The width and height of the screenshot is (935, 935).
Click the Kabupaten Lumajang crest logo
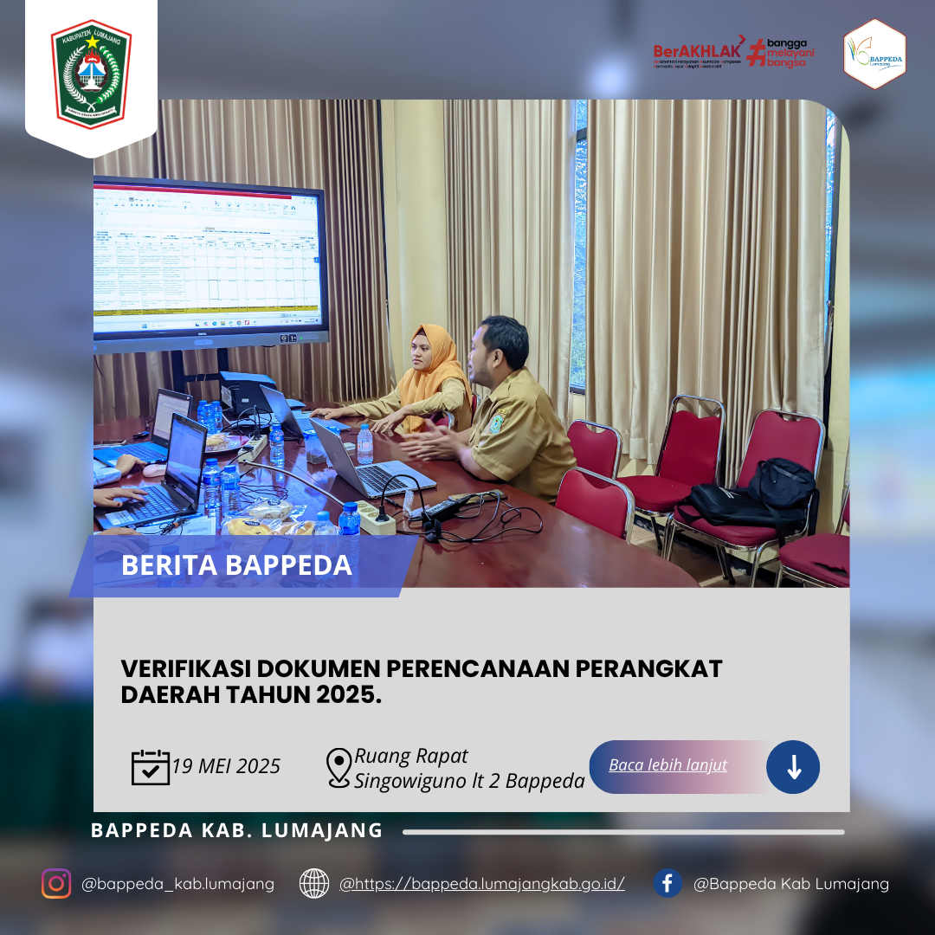(91, 74)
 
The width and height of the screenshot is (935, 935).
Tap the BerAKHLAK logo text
(697, 50)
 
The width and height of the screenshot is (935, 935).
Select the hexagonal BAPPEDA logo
(874, 55)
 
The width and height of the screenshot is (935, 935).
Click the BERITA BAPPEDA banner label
(236, 565)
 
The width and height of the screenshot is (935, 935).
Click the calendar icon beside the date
(150, 767)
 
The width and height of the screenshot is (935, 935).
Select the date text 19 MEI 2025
(226, 767)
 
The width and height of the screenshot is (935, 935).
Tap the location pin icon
(339, 768)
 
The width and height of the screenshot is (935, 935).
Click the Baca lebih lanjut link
(667, 765)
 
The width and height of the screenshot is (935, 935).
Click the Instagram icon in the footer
(56, 883)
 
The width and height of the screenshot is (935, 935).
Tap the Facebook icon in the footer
(667, 883)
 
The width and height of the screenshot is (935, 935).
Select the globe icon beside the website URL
(314, 883)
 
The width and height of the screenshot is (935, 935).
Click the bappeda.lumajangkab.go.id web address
(482, 884)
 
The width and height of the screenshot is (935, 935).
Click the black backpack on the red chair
(762, 493)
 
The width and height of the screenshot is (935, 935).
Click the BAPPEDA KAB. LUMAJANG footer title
(236, 831)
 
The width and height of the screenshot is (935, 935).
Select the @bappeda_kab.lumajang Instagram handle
(177, 884)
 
